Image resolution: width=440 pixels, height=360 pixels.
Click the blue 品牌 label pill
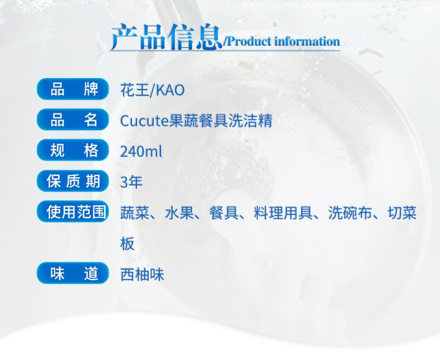click(73, 89)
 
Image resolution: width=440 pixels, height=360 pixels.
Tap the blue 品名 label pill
click(73, 120)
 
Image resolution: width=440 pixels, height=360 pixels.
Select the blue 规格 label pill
click(73, 151)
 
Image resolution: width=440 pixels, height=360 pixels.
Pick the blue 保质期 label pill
click(73, 181)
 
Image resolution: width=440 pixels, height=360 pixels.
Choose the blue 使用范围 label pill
click(73, 211)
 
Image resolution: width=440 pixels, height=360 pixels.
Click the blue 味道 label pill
click(73, 273)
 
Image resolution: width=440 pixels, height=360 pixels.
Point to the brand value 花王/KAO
click(152, 90)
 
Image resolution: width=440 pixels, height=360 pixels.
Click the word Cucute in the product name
click(144, 121)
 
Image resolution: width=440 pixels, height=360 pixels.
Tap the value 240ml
click(141, 152)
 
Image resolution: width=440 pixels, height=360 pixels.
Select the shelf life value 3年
click(131, 182)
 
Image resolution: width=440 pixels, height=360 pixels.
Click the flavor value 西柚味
click(143, 274)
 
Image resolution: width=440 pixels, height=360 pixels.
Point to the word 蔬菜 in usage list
click(134, 213)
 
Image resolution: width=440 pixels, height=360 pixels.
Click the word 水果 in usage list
click(179, 213)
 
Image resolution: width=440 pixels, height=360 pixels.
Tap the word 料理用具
click(283, 213)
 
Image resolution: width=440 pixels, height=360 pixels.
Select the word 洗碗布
click(350, 213)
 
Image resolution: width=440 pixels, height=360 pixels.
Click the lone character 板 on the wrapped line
click(128, 244)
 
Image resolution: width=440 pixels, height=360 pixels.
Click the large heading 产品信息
click(167, 37)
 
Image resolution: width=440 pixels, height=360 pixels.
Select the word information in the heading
click(307, 42)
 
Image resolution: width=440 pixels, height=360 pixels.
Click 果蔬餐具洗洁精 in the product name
click(221, 121)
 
